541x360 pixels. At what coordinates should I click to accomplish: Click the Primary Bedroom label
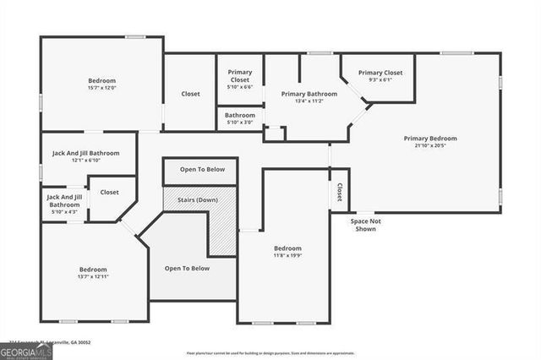(x=430, y=139)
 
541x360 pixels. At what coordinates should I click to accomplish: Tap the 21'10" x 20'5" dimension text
(x=430, y=146)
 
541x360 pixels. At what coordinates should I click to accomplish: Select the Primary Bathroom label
(x=309, y=94)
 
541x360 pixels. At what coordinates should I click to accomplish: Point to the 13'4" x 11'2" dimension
(x=309, y=101)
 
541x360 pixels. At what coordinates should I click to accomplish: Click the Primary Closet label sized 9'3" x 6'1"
(x=380, y=73)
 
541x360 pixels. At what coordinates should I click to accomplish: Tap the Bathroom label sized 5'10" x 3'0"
(x=240, y=115)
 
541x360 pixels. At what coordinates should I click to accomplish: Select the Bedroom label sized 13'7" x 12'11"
(x=94, y=270)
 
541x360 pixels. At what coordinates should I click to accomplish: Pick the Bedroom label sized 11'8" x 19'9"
(x=287, y=248)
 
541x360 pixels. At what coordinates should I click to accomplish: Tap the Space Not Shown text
(x=367, y=225)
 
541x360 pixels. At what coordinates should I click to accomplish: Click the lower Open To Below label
(x=187, y=269)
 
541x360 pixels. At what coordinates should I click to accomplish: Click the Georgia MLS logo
(x=25, y=351)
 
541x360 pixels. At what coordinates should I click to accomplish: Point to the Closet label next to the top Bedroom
(x=190, y=94)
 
